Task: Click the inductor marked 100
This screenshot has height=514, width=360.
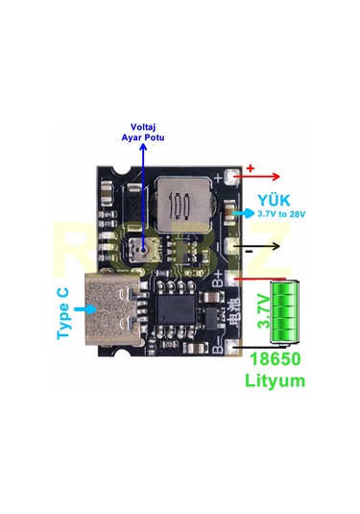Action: (x=178, y=203)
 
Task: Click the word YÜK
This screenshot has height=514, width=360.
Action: (x=272, y=200)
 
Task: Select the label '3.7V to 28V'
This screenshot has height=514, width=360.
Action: (x=281, y=213)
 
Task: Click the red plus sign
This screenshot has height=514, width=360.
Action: (x=252, y=168)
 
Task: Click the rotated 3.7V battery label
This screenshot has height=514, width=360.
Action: (x=264, y=312)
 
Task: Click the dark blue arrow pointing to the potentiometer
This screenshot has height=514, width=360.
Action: (x=142, y=192)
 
